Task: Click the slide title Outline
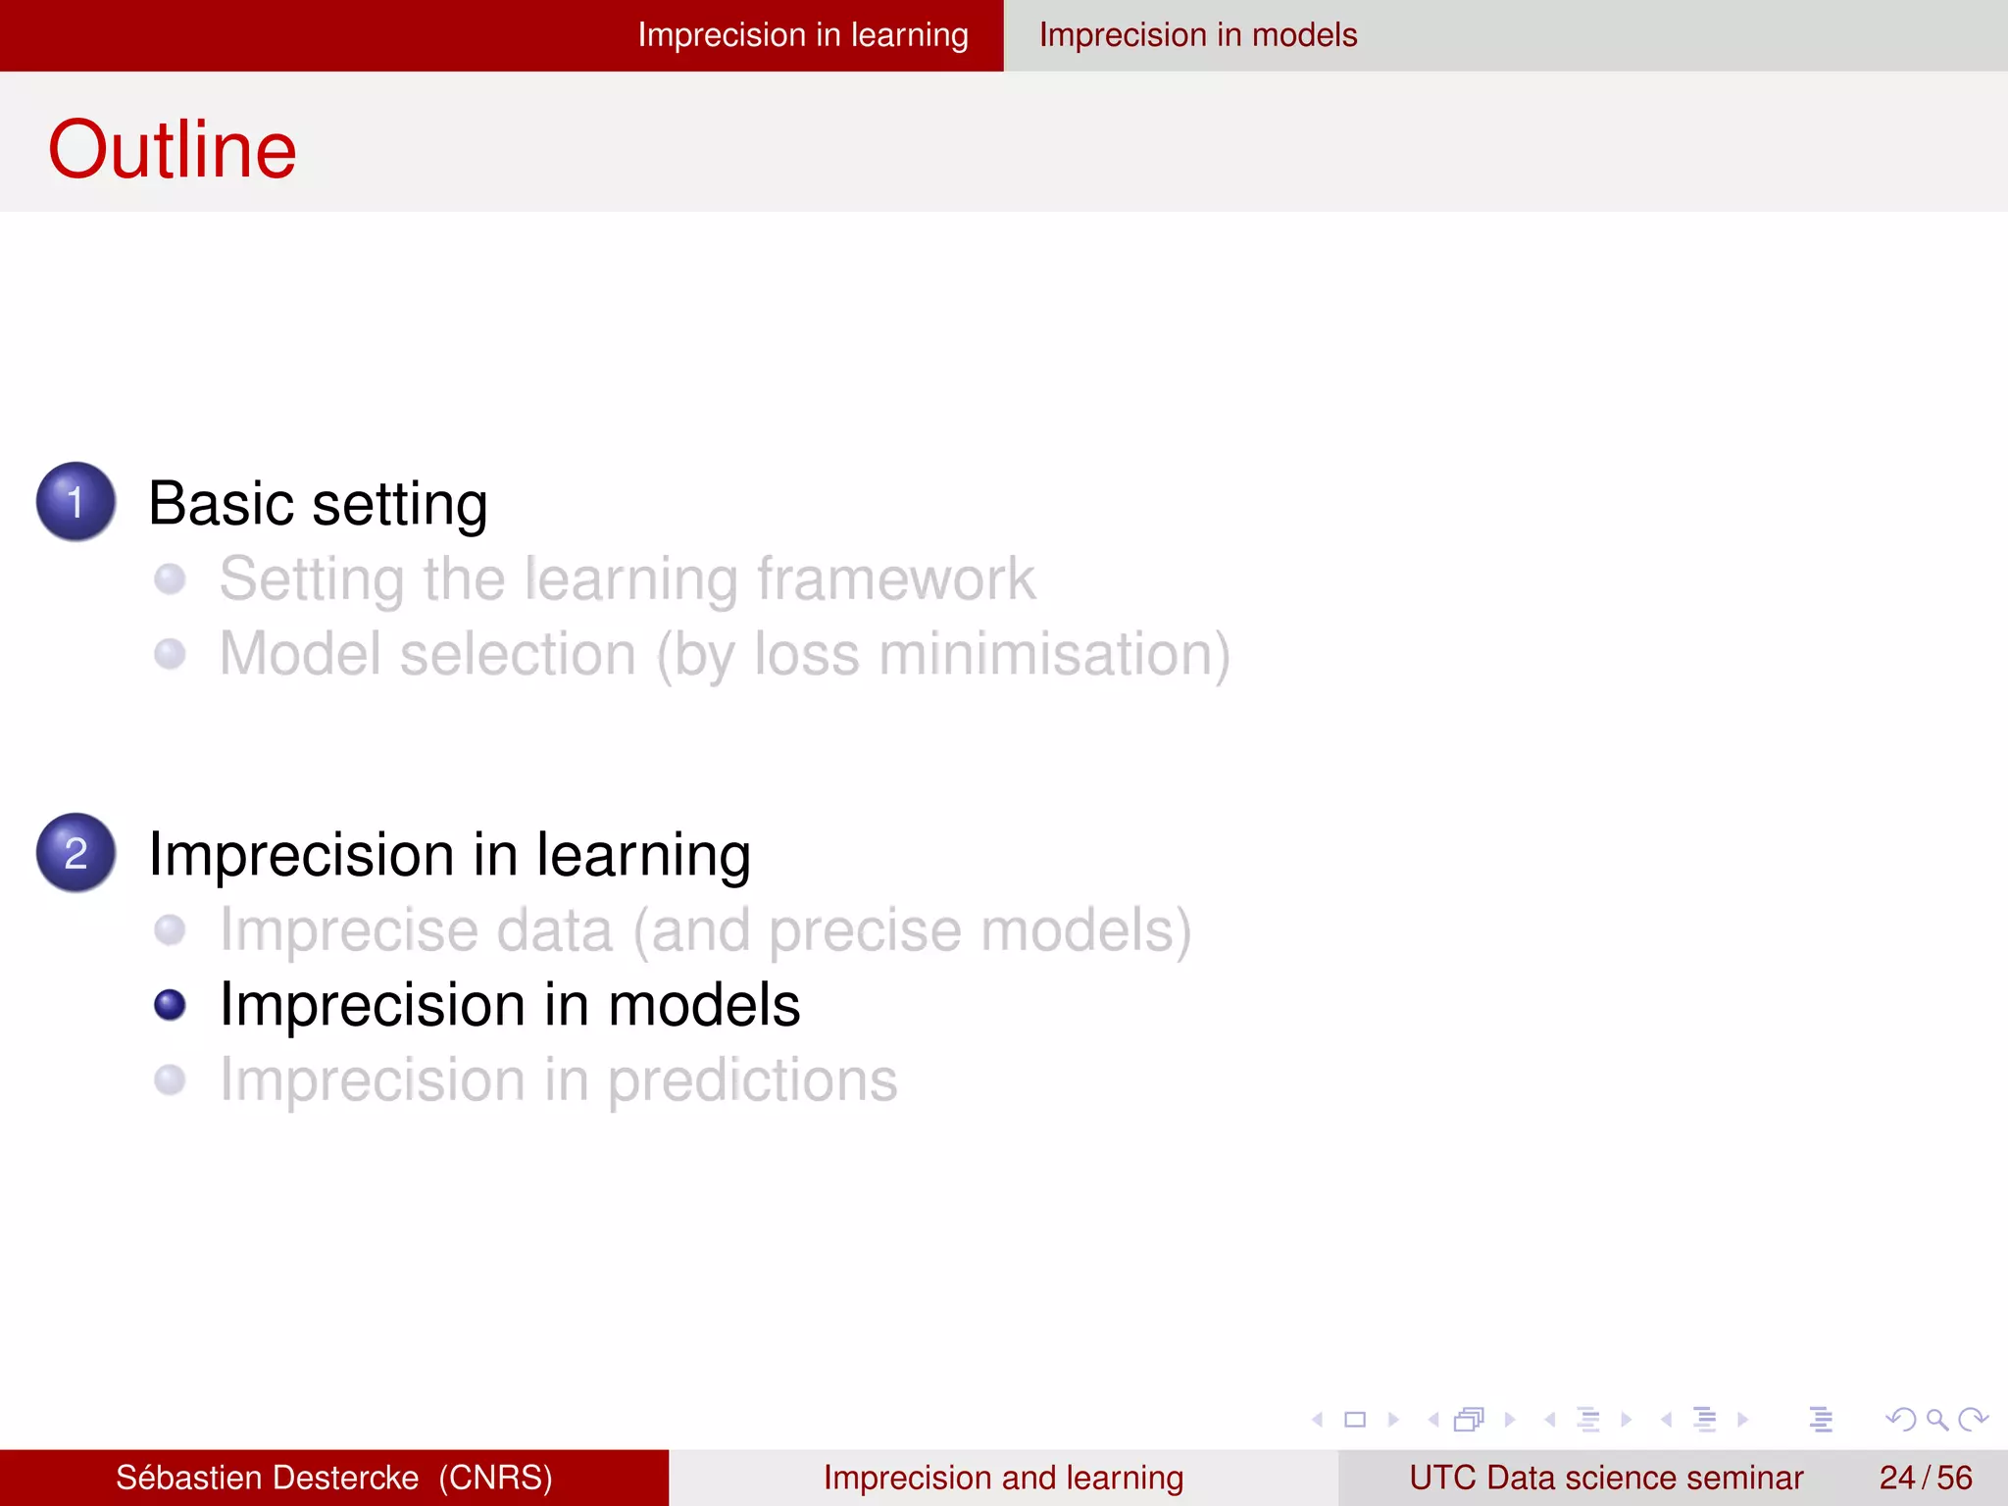coord(172,149)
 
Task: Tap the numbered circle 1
coord(75,501)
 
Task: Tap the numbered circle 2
coord(75,852)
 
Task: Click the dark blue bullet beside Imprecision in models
coord(170,1005)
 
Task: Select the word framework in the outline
coord(896,578)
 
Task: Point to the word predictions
coord(752,1080)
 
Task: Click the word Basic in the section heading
coord(221,504)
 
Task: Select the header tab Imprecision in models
coord(1197,35)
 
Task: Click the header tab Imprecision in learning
coord(802,35)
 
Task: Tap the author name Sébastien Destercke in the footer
coord(267,1478)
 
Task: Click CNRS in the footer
coord(495,1478)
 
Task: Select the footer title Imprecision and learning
coord(1003,1478)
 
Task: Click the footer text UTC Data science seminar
coord(1605,1478)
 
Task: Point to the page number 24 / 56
coord(1925,1478)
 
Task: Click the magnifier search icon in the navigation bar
coord(1936,1419)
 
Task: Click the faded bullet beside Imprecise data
coord(170,929)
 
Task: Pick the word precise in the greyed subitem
coord(864,930)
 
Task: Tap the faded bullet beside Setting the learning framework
coord(170,578)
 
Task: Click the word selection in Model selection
coord(518,654)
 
